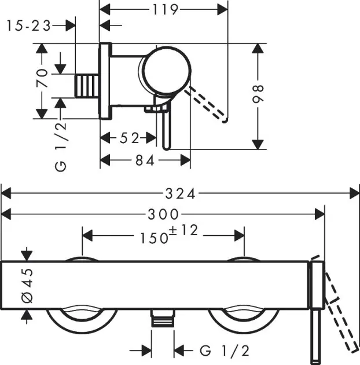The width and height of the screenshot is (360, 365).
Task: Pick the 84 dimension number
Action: (x=145, y=161)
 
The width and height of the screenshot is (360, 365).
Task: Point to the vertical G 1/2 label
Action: (x=61, y=145)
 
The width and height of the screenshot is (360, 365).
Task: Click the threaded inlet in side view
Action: (x=89, y=86)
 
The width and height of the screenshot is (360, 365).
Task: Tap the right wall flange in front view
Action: (x=243, y=316)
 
